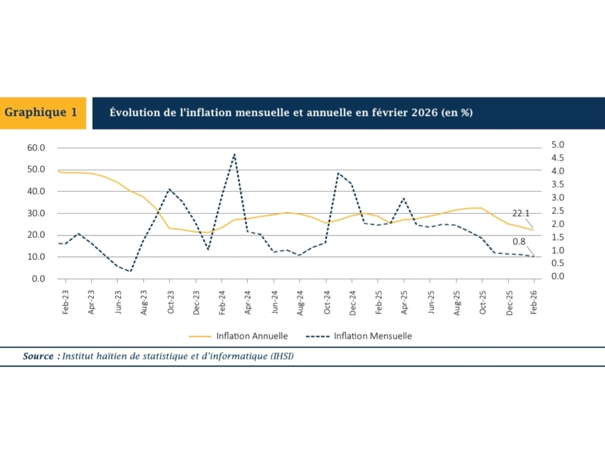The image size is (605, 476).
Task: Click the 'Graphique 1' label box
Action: [41, 113]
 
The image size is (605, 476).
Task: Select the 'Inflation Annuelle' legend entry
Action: [252, 336]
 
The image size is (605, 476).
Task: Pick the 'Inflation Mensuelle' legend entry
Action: [372, 336]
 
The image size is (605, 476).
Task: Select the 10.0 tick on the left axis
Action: [36, 257]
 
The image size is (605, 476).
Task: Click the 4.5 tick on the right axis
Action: [557, 158]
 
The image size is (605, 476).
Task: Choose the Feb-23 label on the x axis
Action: [66, 302]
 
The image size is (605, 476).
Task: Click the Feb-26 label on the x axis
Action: [534, 302]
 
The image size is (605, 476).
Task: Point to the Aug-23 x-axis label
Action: [144, 302]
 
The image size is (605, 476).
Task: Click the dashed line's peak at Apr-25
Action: [404, 198]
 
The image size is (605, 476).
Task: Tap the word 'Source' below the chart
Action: [38, 356]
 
